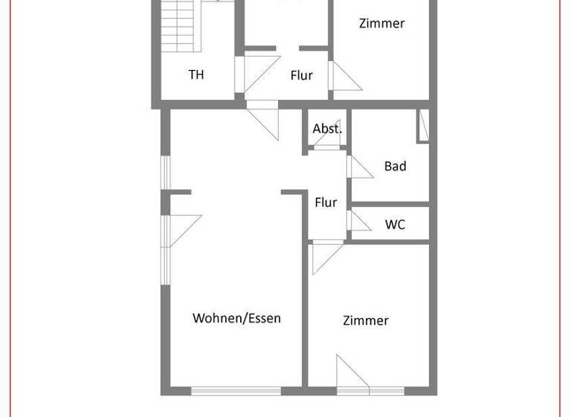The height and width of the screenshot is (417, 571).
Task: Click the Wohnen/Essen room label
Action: tap(236, 318)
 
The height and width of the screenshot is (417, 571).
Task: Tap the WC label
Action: tap(395, 224)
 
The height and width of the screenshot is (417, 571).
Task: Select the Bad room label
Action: tap(395, 166)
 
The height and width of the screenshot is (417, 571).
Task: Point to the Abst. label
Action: tap(327, 128)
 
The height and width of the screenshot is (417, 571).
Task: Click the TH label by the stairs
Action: tap(196, 74)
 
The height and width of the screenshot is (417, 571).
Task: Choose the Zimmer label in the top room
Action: tap(381, 23)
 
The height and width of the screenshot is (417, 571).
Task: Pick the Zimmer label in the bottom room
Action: tap(366, 320)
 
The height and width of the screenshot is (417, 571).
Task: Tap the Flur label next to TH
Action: tap(301, 75)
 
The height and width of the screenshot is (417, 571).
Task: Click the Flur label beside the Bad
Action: tap(326, 202)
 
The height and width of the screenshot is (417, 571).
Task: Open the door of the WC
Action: tap(360, 221)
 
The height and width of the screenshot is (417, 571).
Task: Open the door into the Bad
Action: tap(360, 167)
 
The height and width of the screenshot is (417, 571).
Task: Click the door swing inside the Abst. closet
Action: tap(328, 138)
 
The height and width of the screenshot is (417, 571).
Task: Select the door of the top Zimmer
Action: tap(344, 77)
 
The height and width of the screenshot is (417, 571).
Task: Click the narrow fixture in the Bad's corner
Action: tap(423, 125)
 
